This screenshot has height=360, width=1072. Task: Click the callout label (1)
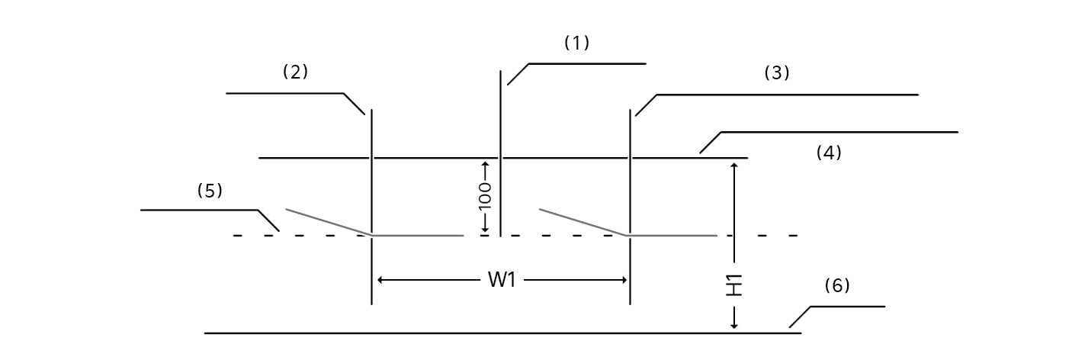(576, 43)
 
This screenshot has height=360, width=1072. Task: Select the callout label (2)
(295, 72)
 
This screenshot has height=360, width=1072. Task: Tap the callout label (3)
(777, 73)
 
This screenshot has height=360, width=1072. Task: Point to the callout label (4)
(829, 153)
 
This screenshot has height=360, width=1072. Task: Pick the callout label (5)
(210, 191)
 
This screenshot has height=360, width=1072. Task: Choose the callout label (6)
(837, 286)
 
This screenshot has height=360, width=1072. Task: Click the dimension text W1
(502, 280)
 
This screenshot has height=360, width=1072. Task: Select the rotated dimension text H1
(734, 285)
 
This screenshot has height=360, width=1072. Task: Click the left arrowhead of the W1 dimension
(381, 280)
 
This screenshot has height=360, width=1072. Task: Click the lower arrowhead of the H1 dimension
(734, 326)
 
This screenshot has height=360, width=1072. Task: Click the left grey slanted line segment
(328, 222)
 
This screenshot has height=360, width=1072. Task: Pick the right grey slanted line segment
(583, 222)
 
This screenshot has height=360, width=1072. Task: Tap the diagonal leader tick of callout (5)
(269, 220)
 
